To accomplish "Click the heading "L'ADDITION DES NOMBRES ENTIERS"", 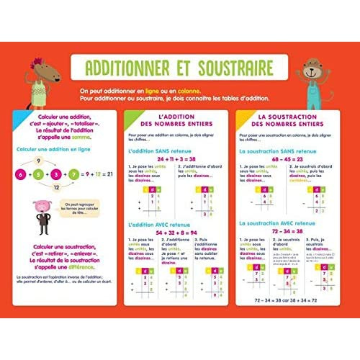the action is click(x=174, y=121).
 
